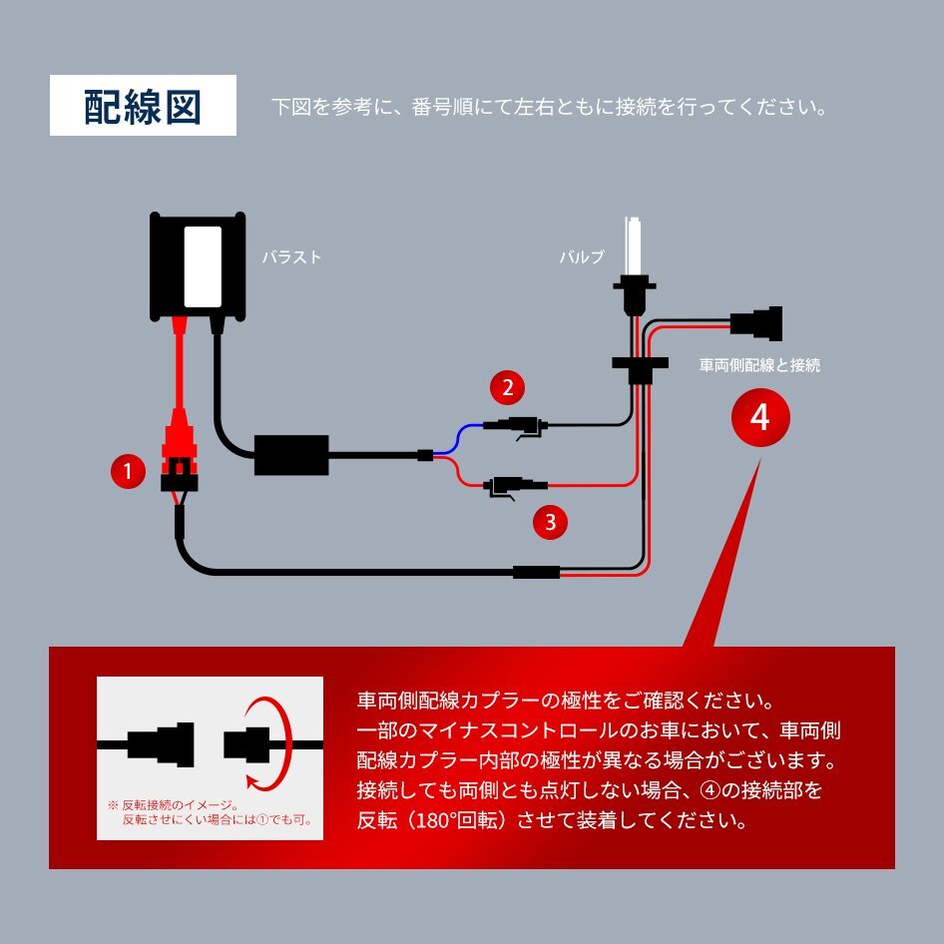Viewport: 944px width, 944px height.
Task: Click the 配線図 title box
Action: [143, 106]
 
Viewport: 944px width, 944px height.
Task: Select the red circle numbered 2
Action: [507, 387]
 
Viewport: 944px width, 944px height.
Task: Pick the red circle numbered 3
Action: [550, 519]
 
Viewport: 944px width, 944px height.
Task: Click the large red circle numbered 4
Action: [759, 417]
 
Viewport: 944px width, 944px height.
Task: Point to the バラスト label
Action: [291, 257]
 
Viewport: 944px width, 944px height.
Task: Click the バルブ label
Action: [581, 257]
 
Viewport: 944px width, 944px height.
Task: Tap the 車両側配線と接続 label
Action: [759, 365]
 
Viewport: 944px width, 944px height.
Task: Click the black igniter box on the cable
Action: [291, 455]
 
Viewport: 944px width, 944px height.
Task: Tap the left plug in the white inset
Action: [160, 742]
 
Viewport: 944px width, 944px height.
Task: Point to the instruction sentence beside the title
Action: [549, 107]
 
